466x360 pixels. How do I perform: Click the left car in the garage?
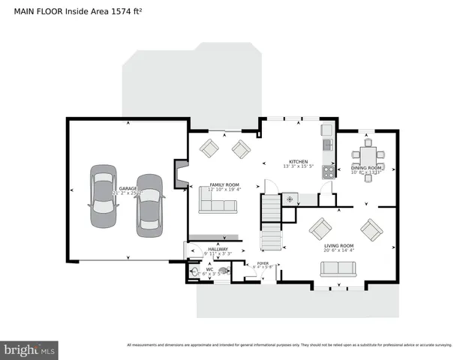point(104,196)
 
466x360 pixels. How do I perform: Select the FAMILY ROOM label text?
point(224,184)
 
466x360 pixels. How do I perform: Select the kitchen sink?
point(327,145)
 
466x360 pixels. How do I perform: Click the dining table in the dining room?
point(368,157)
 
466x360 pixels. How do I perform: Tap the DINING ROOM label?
point(367,168)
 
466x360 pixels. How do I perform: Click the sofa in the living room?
point(338,268)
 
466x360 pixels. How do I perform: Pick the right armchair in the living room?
point(371,227)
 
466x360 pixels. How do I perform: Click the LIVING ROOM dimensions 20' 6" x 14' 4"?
point(338,250)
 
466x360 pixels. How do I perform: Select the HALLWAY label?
point(218,249)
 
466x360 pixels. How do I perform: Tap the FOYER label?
point(263,263)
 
